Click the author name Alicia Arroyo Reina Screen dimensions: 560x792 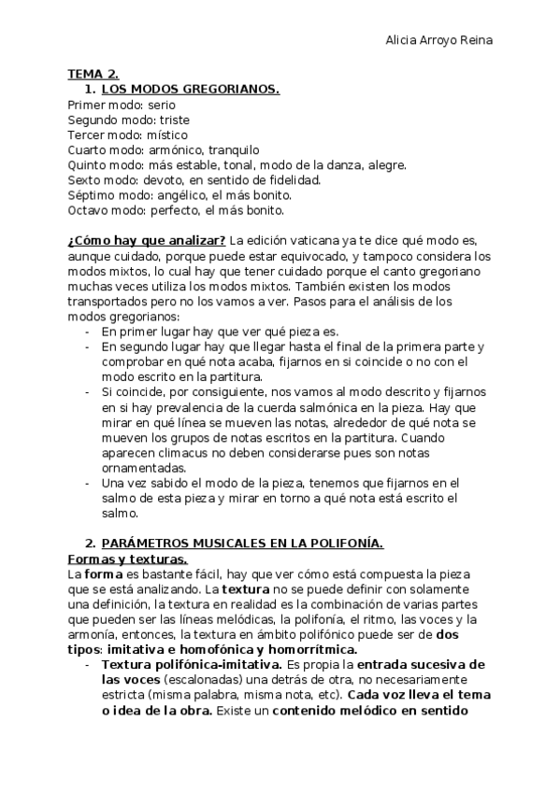(x=439, y=41)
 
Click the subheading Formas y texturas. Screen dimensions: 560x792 (x=128, y=559)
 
